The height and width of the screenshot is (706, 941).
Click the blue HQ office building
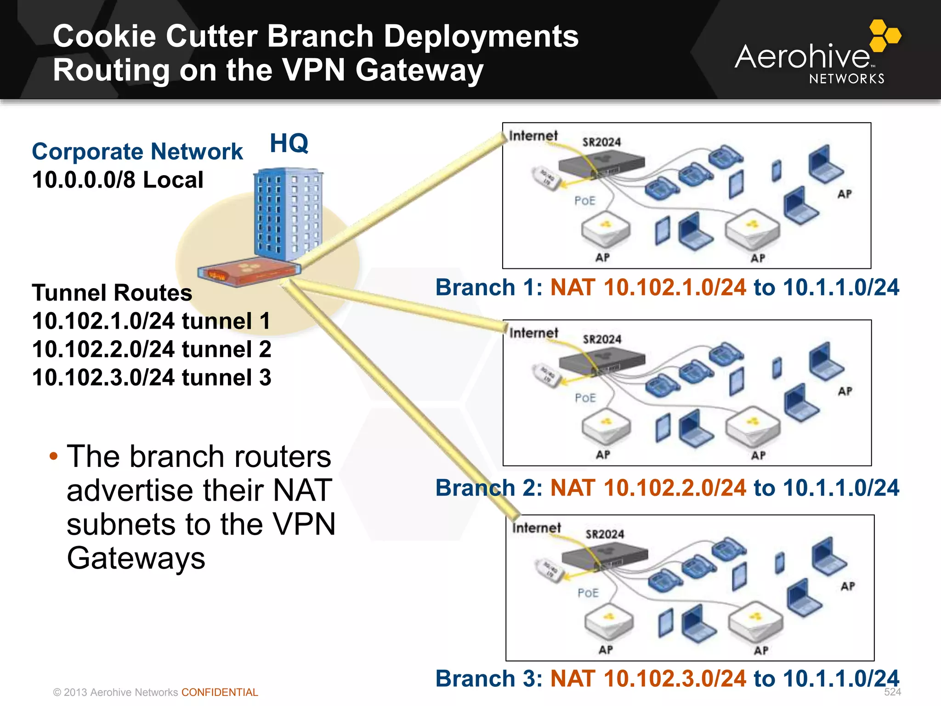pyautogui.click(x=288, y=214)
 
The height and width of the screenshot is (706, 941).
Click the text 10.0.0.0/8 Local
pyautogui.click(x=118, y=180)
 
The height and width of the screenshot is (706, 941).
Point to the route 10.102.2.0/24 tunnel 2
pyautogui.click(x=152, y=349)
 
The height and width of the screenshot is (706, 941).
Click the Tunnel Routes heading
pyautogui.click(x=112, y=293)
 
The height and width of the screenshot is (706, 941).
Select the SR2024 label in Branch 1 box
pyautogui.click(x=601, y=142)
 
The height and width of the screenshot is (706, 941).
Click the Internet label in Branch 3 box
pyautogui.click(x=536, y=528)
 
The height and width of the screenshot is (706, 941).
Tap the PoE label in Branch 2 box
pyautogui.click(x=585, y=398)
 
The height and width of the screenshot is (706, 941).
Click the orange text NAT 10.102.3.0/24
pyautogui.click(x=648, y=678)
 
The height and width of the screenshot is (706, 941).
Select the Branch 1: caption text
pyautogui.click(x=489, y=287)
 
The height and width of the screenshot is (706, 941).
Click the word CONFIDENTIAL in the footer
pyautogui.click(x=220, y=692)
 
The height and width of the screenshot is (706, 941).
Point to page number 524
pyautogui.click(x=892, y=692)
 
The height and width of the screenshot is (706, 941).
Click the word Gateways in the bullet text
pyautogui.click(x=136, y=558)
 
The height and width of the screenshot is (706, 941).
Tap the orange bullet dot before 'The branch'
pyautogui.click(x=54, y=456)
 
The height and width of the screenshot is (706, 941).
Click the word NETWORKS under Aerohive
pyautogui.click(x=846, y=79)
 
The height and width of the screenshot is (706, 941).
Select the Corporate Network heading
pyautogui.click(x=137, y=152)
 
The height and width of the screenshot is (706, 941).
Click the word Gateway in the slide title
pyautogui.click(x=419, y=70)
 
